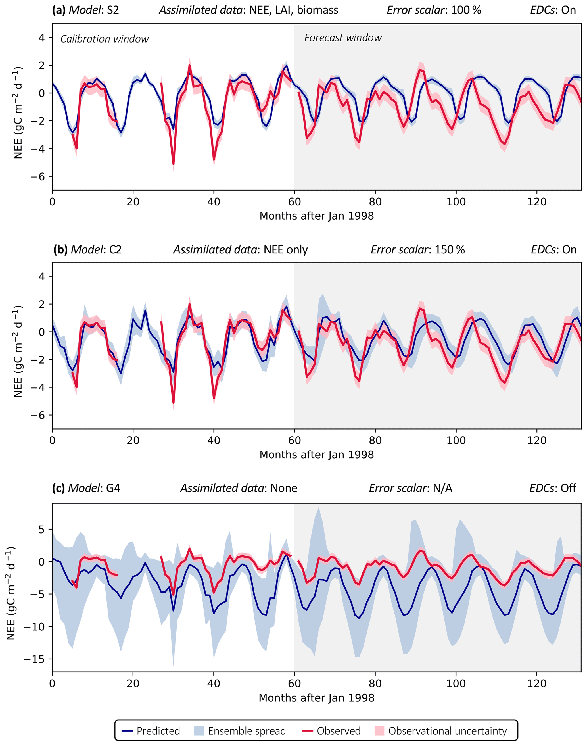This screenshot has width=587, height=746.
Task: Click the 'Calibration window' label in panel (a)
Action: [x=105, y=39]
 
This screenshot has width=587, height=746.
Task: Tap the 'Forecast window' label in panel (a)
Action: [x=343, y=38]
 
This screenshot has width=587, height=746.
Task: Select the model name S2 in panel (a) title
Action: [x=113, y=10]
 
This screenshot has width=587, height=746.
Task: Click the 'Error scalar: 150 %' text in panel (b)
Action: [x=417, y=250]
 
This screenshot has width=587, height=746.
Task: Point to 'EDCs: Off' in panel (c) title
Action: [x=553, y=488]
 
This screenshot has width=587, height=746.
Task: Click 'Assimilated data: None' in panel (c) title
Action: [x=239, y=488]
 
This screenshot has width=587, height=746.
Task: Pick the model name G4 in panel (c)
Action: [x=113, y=488]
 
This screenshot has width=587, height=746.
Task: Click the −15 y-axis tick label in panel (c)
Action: [x=34, y=659]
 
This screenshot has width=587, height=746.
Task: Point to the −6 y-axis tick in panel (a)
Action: [x=37, y=177]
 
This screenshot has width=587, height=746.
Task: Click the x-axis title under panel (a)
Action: [x=317, y=216]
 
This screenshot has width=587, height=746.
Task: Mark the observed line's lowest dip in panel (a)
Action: [x=174, y=164]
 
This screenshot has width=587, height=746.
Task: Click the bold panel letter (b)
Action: [x=60, y=250]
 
